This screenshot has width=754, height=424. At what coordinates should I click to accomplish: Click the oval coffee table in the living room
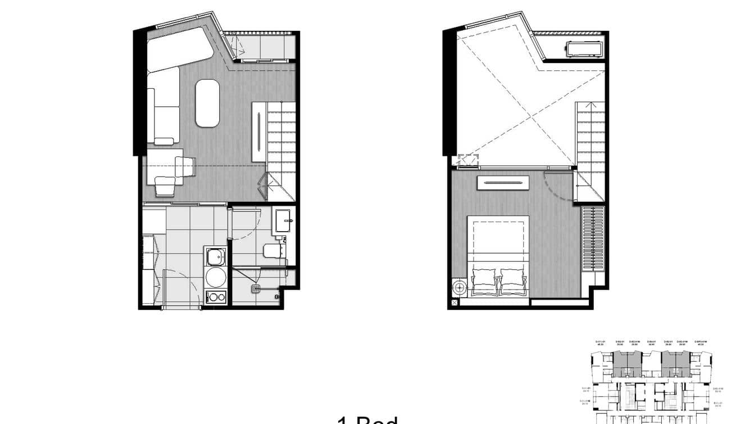207,103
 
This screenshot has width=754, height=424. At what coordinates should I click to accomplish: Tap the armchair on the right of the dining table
185,166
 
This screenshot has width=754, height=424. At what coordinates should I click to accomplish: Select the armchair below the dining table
165,186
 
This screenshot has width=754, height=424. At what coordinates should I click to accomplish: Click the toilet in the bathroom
274,250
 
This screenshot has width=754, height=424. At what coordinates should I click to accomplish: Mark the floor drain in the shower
256,289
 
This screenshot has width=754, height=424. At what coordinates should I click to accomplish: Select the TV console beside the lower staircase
258,132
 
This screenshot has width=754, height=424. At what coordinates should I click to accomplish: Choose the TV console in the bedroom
503,183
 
